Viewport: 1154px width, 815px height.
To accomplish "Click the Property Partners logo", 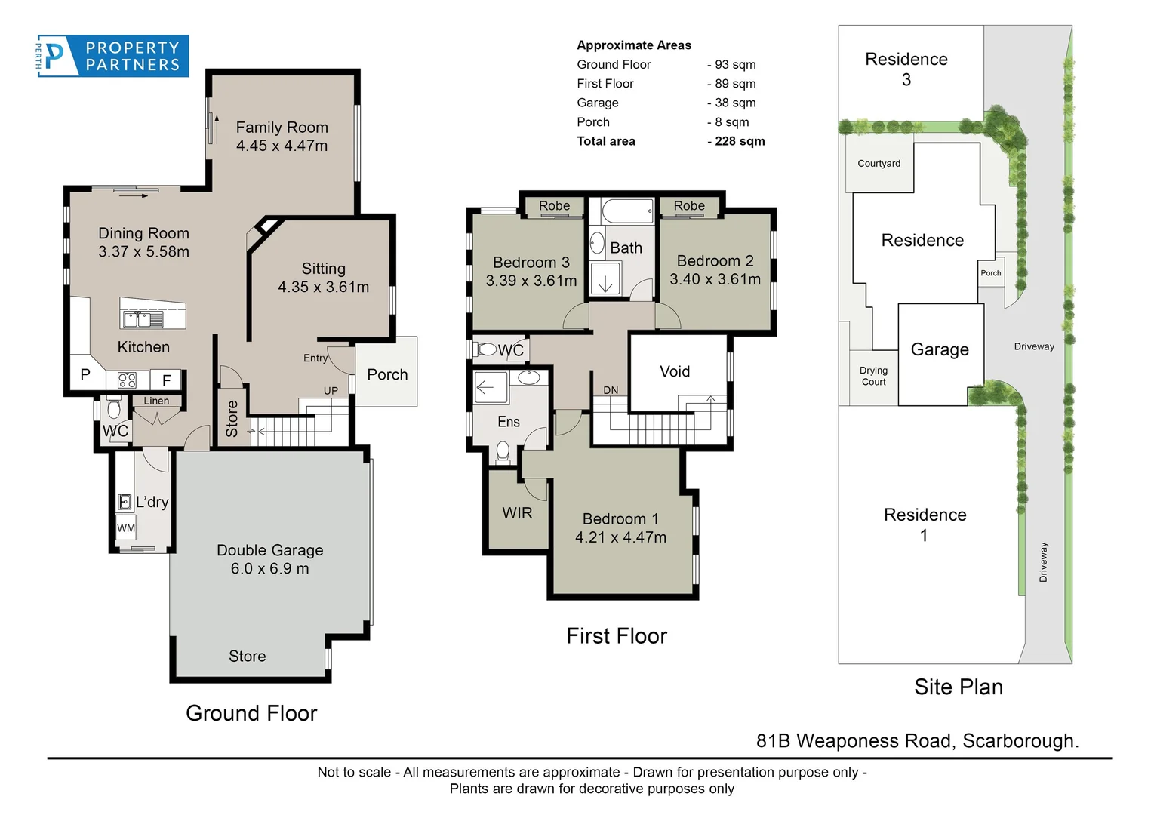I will pyautogui.click(x=113, y=56).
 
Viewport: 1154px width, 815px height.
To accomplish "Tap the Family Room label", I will pyautogui.click(x=282, y=128).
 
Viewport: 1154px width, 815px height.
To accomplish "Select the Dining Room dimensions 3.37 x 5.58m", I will pyautogui.click(x=143, y=252).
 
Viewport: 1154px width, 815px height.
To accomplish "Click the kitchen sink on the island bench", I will pyautogui.click(x=143, y=319).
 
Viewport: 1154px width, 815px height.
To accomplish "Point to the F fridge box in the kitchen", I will pyautogui.click(x=166, y=380).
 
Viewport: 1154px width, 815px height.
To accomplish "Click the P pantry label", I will pyautogui.click(x=85, y=374).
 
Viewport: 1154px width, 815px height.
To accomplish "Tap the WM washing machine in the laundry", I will pyautogui.click(x=125, y=528).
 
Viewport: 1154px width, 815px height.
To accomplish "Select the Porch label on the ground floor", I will pyautogui.click(x=386, y=375).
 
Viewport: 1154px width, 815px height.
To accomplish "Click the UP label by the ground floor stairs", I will pyautogui.click(x=331, y=391).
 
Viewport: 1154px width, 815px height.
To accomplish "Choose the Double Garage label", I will pyautogui.click(x=269, y=550).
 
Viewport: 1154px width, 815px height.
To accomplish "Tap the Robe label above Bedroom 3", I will pyautogui.click(x=554, y=206).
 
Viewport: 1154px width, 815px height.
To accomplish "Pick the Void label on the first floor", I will pyautogui.click(x=674, y=371).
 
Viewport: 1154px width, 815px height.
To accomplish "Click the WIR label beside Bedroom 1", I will pyautogui.click(x=517, y=513).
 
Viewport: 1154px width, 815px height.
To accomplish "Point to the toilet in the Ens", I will pyautogui.click(x=503, y=451).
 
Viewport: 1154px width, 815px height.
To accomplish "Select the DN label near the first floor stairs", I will pyautogui.click(x=611, y=390).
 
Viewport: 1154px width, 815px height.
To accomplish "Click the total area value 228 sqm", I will pyautogui.click(x=736, y=141).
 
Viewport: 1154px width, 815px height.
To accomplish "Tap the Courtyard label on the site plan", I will pyautogui.click(x=879, y=164).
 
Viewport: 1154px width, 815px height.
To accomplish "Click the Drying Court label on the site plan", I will pyautogui.click(x=873, y=376).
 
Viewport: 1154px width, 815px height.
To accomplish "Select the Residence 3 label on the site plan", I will pyautogui.click(x=906, y=69).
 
